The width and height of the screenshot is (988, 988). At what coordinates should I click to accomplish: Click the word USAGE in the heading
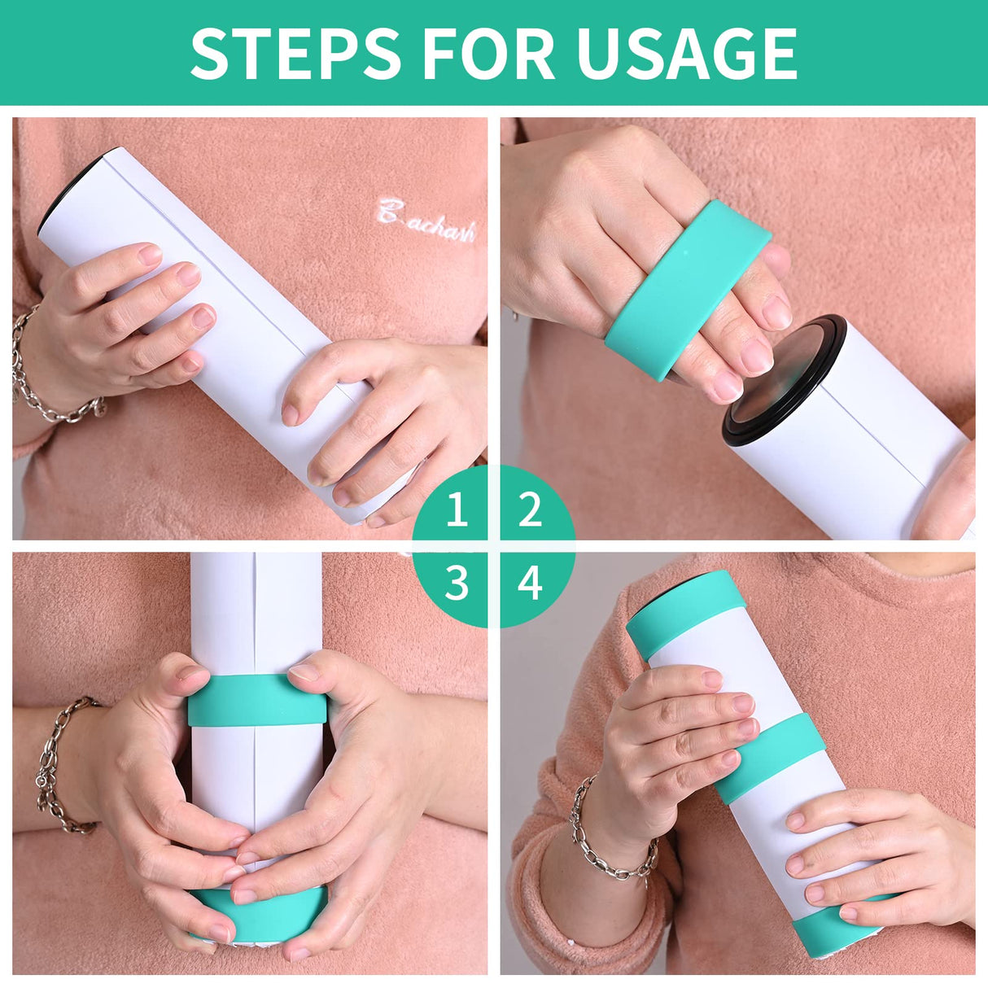pyautogui.click(x=686, y=54)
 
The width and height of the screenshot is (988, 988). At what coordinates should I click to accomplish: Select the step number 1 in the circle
pyautogui.click(x=457, y=510)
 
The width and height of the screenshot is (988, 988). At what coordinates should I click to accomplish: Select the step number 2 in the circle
pyautogui.click(x=530, y=510)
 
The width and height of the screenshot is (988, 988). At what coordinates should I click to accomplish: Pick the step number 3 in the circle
pyautogui.click(x=457, y=583)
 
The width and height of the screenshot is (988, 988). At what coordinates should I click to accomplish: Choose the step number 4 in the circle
pyautogui.click(x=530, y=583)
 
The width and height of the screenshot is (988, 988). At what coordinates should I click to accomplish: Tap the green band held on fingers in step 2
pyautogui.click(x=689, y=285)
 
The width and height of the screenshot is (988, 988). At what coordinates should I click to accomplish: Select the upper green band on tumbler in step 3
pyautogui.click(x=256, y=700)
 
